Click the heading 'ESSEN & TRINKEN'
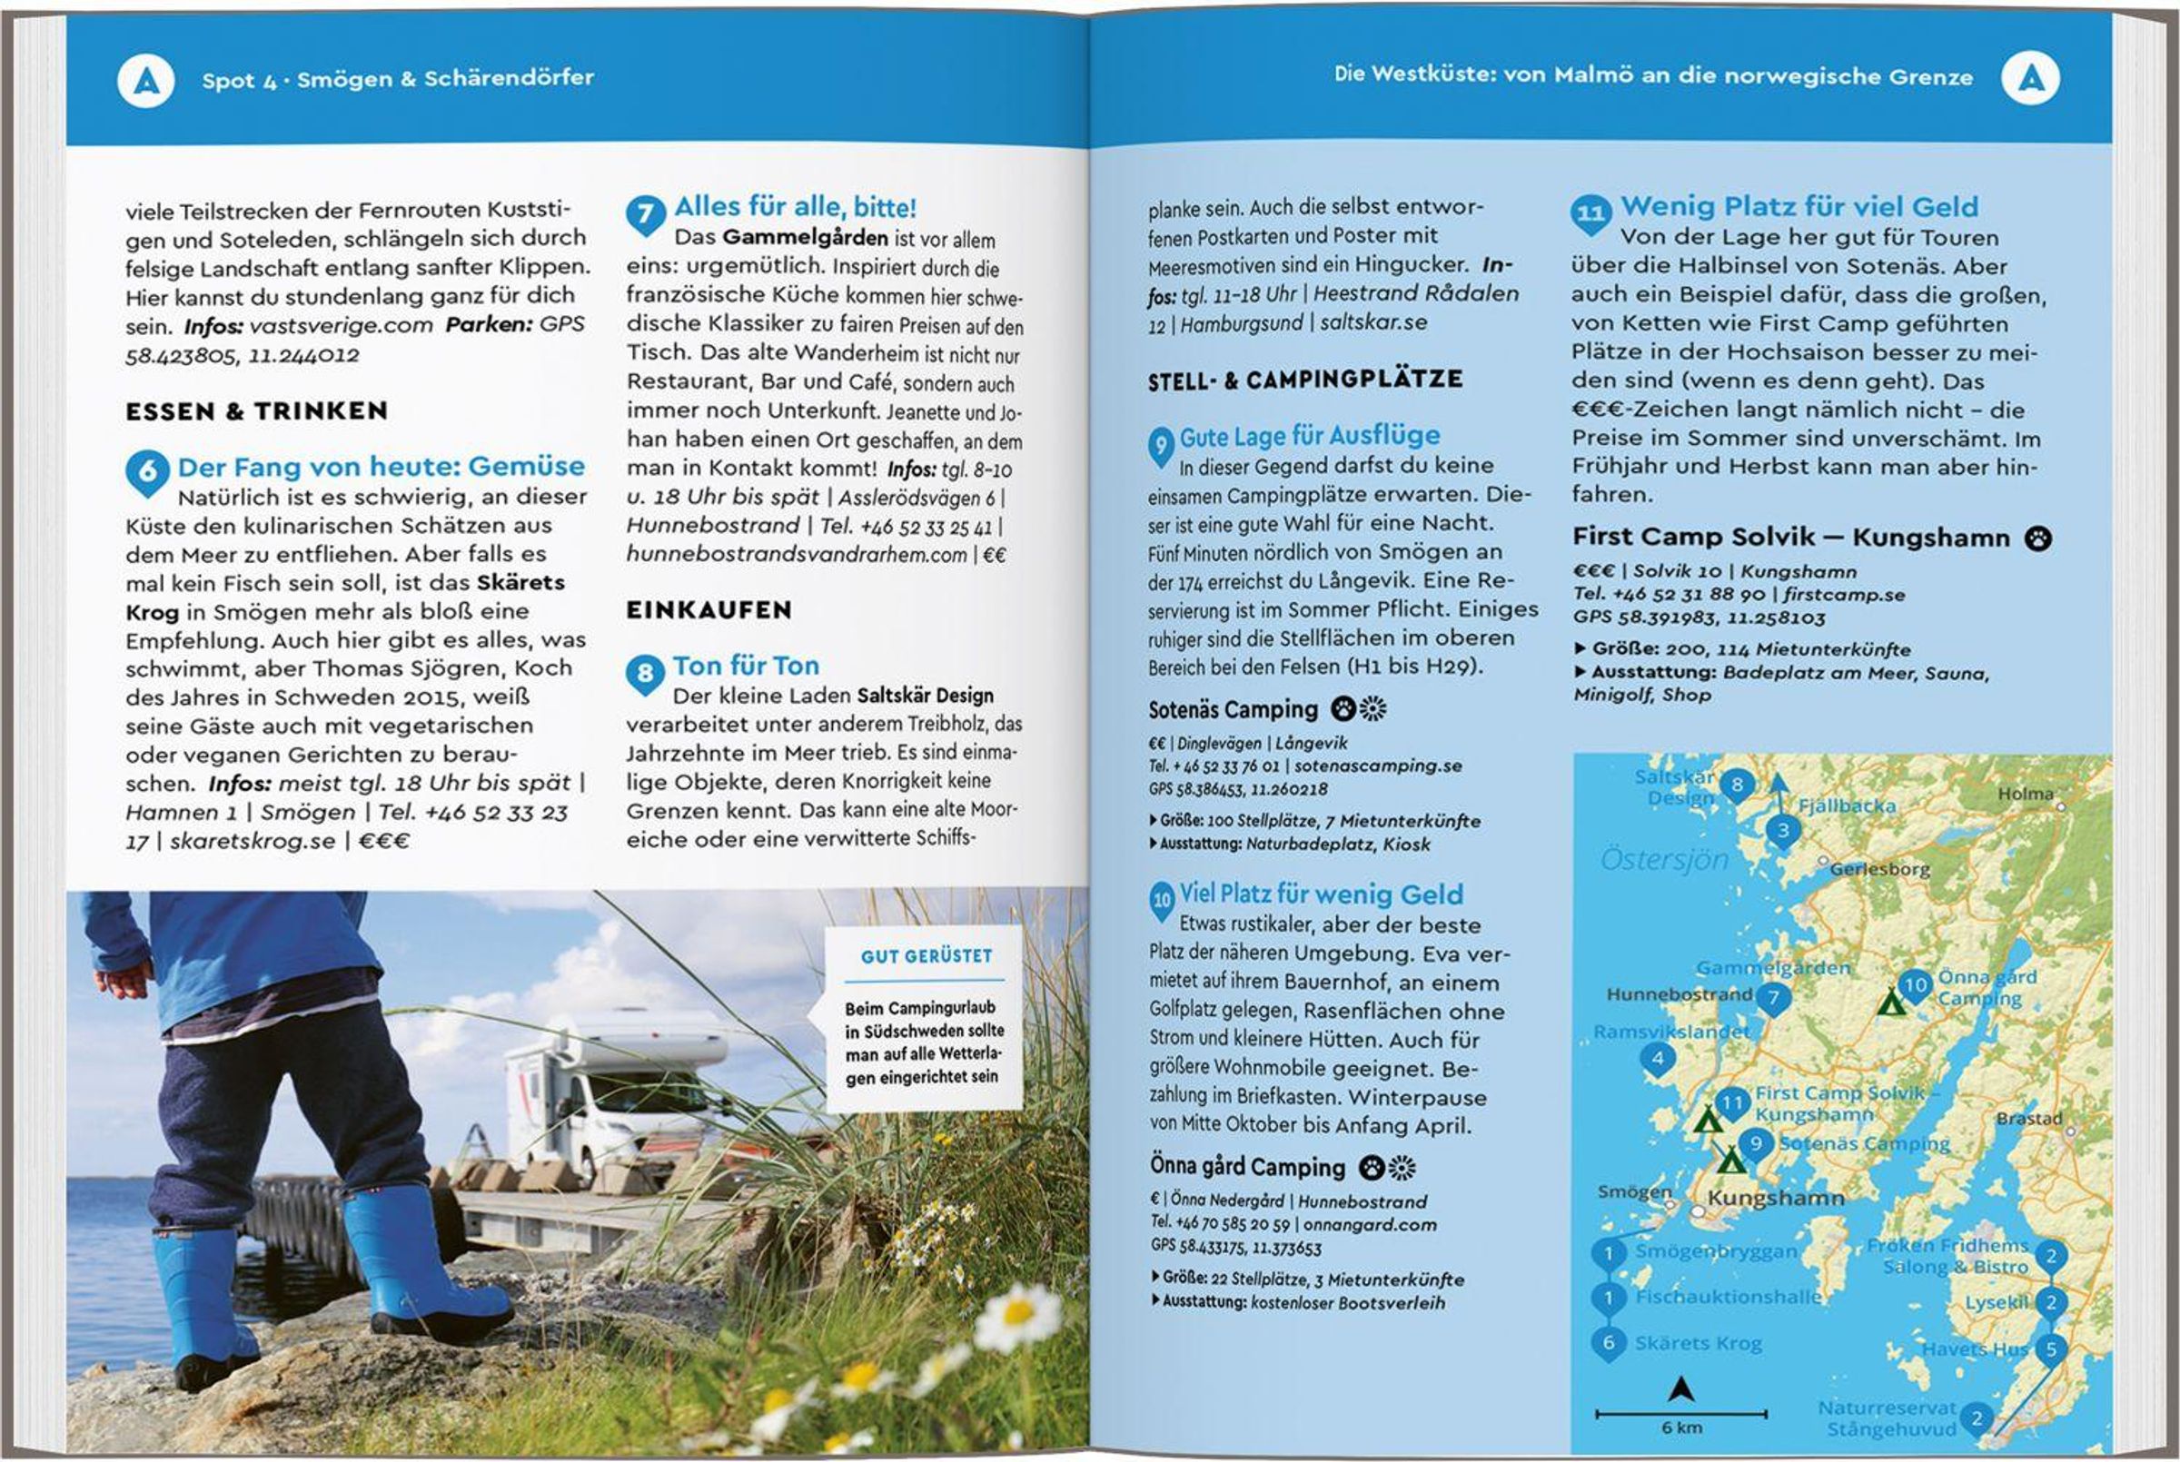pos(256,411)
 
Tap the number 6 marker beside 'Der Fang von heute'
pos(147,471)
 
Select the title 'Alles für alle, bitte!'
pos(795,207)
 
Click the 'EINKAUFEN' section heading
pos(708,610)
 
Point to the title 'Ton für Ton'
pos(746,666)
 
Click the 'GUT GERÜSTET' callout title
pos(926,955)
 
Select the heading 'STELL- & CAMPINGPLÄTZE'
pos(1305,380)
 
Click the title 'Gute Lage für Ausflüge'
pos(1309,437)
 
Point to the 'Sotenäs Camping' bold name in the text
pos(1233,709)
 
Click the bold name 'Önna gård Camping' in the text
pos(1246,1167)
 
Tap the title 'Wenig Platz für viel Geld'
pos(1798,207)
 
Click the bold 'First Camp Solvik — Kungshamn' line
pos(1790,537)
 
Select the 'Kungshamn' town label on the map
pos(1775,1198)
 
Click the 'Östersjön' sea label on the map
pos(1664,860)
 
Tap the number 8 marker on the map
pos(1736,785)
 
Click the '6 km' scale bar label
pos(1681,1427)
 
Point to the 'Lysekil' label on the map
pos(1996,1302)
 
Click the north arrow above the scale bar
pos(1681,1389)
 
